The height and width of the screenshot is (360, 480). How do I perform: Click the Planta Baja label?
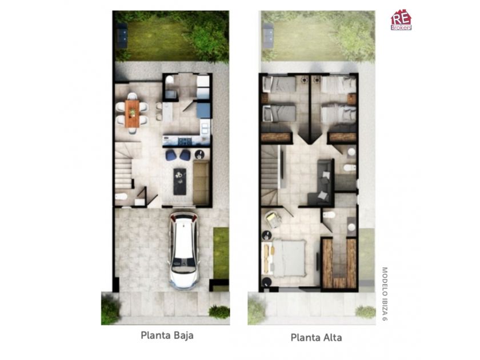click(167, 335)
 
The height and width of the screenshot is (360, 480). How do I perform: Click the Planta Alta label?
click(316, 337)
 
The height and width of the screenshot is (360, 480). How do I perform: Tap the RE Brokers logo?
click(401, 20)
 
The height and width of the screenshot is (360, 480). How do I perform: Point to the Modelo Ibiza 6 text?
click(385, 294)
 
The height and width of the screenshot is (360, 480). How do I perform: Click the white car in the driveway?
click(183, 250)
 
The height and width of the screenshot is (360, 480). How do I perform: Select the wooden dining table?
click(132, 113)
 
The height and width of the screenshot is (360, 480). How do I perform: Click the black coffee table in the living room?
click(179, 181)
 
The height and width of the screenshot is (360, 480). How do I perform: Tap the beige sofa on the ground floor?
click(201, 183)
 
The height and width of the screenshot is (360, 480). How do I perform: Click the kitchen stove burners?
click(185, 141)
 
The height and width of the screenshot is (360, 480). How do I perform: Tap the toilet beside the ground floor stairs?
click(121, 197)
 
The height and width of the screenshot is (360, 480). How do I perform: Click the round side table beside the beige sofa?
click(199, 154)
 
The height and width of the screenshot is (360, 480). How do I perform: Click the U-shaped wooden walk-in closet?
click(339, 263)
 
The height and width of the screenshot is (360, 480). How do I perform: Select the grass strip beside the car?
click(221, 253)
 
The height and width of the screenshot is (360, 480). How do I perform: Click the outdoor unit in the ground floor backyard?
click(122, 35)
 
